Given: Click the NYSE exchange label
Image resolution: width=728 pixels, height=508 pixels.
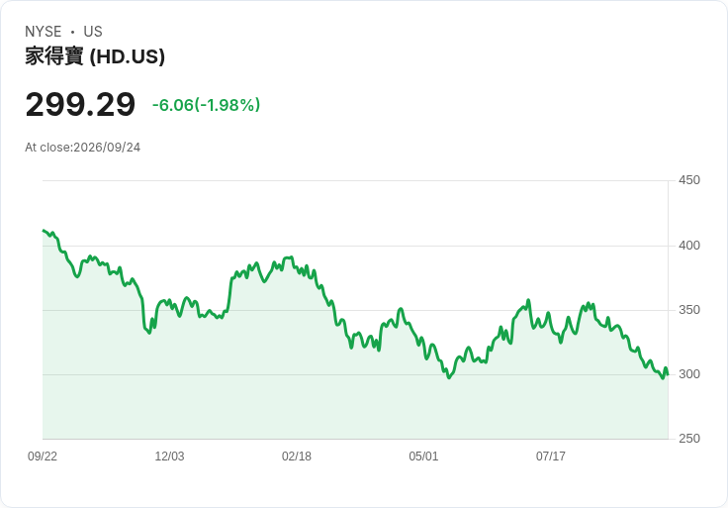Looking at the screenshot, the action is pos(44,32).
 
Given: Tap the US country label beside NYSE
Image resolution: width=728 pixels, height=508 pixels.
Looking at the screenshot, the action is pos(93,32).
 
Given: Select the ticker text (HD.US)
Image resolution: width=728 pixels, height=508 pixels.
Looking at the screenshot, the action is pos(128,56).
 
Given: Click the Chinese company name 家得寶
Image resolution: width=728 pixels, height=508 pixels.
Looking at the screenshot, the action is pos(54,56).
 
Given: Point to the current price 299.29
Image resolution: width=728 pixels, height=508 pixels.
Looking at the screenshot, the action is pos(80,105).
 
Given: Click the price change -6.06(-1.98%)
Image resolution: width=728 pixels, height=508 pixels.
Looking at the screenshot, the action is pos(206,105).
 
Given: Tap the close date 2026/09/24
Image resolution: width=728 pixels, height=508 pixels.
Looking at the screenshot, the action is pos(107,148).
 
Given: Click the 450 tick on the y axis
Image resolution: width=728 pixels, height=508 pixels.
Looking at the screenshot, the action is pos(689,180).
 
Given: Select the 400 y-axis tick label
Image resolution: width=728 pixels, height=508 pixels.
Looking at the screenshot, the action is pos(689,245).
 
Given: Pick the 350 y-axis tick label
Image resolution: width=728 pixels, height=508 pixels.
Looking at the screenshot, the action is pos(689,310).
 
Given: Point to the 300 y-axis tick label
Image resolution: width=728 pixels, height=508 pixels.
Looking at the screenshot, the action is pos(689,374).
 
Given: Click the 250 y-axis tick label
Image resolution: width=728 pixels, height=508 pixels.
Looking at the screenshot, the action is pos(689,439).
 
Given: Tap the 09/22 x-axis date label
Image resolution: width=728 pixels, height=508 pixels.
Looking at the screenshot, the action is pos(43,457).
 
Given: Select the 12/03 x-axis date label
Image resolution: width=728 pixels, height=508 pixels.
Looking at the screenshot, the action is pos(169,457).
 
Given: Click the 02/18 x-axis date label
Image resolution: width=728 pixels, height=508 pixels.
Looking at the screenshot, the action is pos(297,457).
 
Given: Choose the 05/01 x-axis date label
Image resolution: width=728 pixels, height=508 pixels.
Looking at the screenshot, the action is pos(423,457).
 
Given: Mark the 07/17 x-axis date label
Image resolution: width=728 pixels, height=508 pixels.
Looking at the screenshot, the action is pos(551,457).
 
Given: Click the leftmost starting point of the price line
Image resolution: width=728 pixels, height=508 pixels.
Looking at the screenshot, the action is pos(44,231).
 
